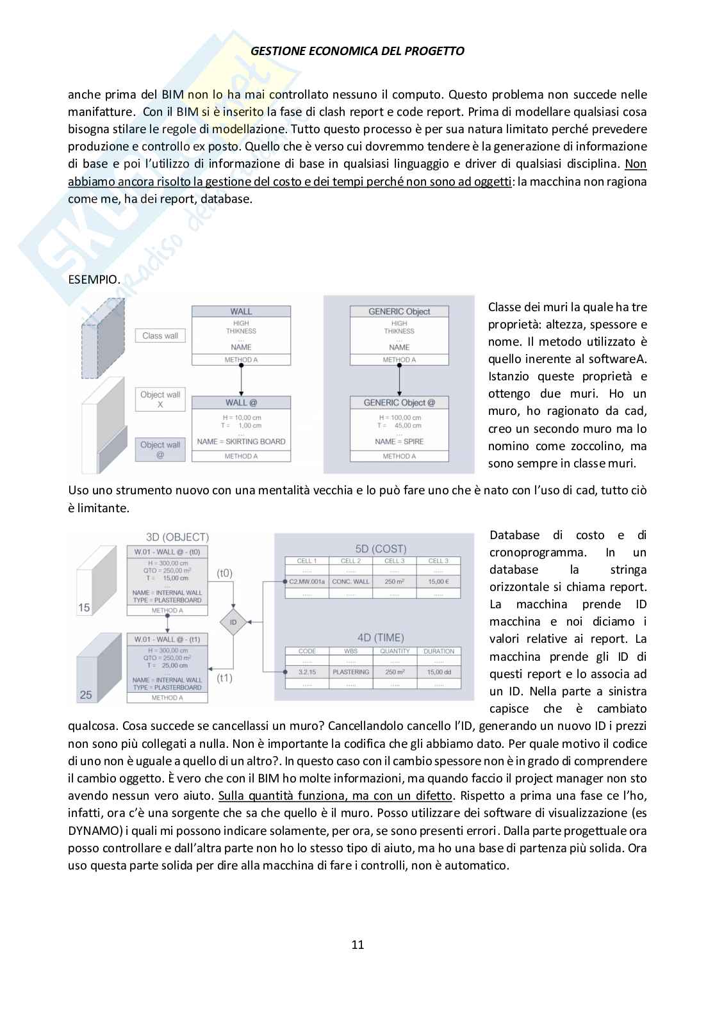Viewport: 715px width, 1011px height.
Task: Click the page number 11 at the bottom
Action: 357,944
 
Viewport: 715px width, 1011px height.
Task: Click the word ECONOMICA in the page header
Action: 327,51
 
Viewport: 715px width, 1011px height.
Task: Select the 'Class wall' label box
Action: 160,336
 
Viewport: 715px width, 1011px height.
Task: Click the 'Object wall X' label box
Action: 160,400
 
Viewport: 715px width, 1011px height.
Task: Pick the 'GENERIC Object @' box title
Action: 399,403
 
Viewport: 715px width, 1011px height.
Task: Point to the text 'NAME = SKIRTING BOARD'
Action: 241,441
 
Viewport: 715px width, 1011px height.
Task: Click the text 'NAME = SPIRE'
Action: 399,441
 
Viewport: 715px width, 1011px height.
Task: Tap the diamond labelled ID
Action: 233,622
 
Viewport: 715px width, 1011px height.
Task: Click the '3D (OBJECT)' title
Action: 177,537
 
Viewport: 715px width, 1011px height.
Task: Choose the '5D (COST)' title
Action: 381,549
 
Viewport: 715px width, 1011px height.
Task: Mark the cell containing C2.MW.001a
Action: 308,581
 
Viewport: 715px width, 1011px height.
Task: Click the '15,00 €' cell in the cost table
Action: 438,581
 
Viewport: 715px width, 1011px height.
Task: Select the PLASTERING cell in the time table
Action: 350,672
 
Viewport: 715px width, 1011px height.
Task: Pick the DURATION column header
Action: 439,651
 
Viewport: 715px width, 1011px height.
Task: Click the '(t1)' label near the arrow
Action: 225,678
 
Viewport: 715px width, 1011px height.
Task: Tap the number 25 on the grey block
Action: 86,695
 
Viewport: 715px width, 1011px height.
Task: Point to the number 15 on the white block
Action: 85,608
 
